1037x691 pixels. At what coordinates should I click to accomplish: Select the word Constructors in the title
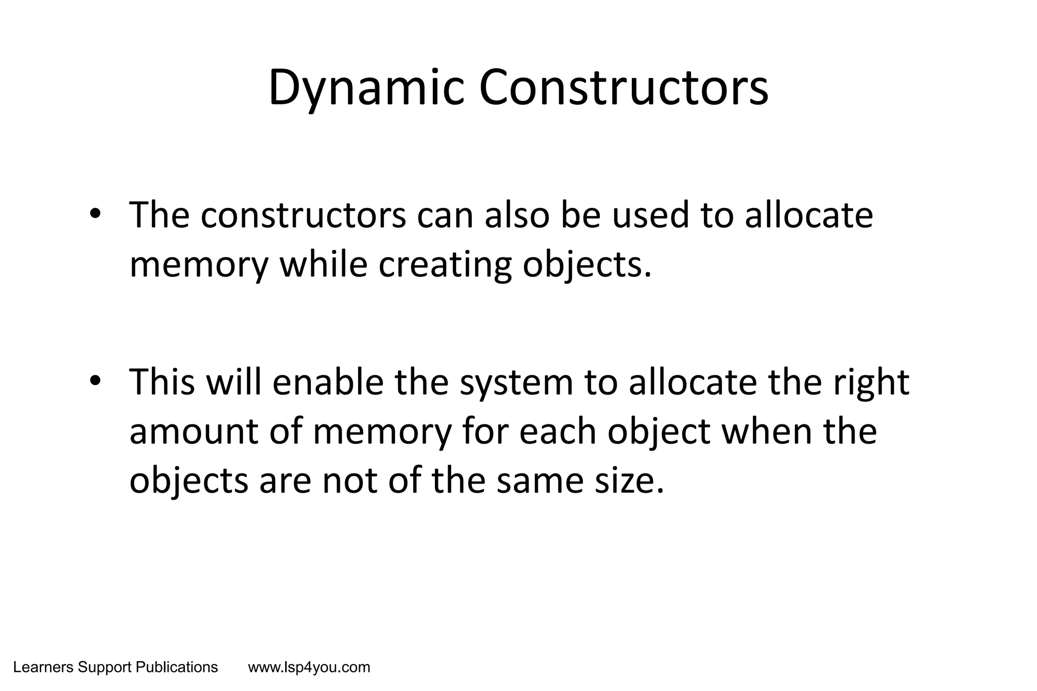(x=623, y=89)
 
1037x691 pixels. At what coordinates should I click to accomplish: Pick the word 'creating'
(x=445, y=266)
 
